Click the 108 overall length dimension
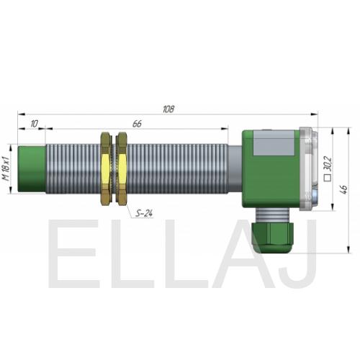click(x=168, y=109)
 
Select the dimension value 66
click(x=137, y=124)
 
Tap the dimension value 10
click(x=35, y=124)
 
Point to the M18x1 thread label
click(x=6, y=168)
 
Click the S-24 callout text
click(x=144, y=213)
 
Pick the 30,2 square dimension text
click(x=328, y=163)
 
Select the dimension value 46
click(x=344, y=189)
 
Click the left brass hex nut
click(x=106, y=168)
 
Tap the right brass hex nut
click(x=122, y=168)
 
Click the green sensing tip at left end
click(x=32, y=169)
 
